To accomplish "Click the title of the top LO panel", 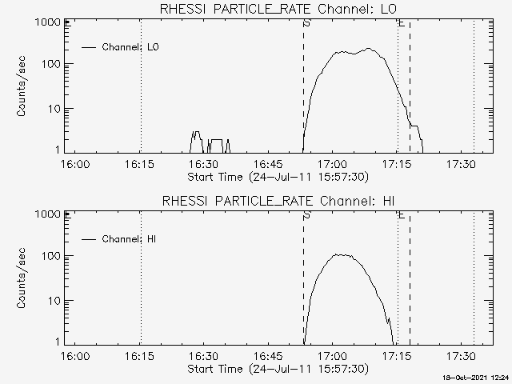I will (278, 10).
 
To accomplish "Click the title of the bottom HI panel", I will (278, 201).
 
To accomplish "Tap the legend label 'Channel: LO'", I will (131, 47).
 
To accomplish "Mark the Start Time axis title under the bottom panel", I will (277, 369).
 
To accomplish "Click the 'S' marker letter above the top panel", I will (307, 24).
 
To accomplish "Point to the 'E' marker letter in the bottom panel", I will (401, 215).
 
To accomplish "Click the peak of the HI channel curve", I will (342, 254).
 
